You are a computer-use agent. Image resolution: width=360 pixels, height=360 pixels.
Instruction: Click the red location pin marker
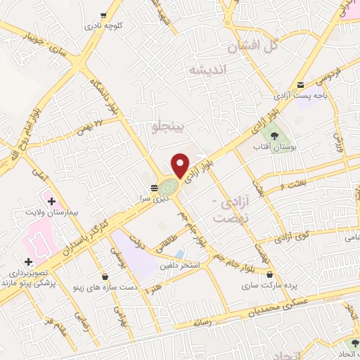click(181, 165)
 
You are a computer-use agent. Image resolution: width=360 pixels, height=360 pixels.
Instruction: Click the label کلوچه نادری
click(104, 25)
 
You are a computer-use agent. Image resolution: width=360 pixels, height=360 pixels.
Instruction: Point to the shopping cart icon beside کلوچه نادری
click(104, 14)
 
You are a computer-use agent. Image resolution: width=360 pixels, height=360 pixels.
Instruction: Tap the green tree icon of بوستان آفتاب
click(271, 131)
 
